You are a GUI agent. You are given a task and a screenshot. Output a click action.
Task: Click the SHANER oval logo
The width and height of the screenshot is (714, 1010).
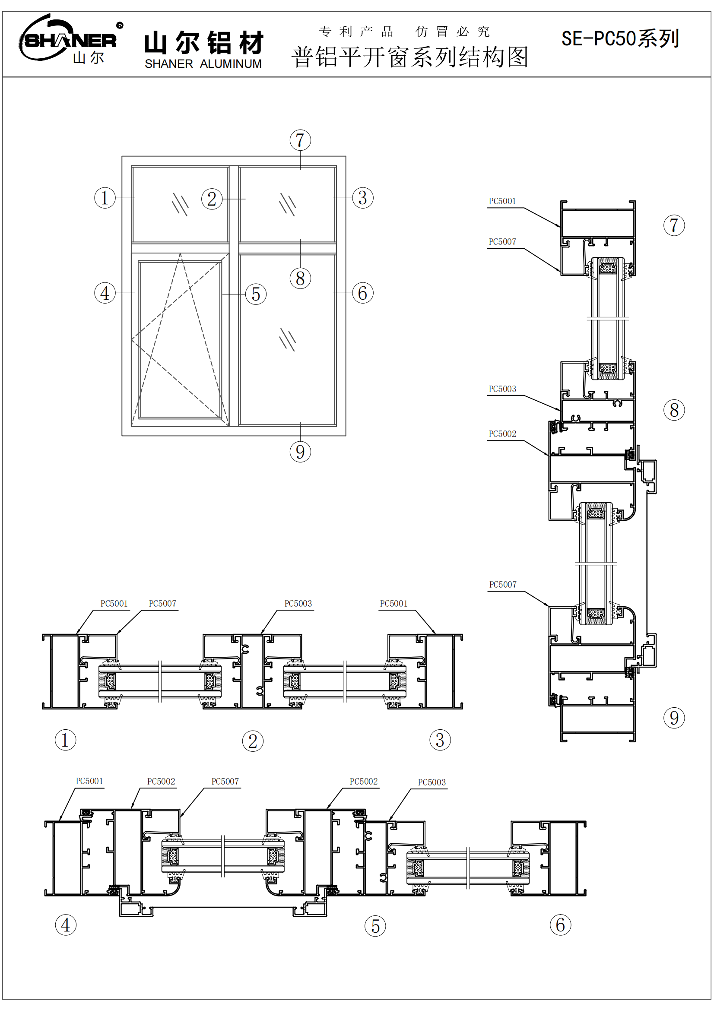tap(68, 40)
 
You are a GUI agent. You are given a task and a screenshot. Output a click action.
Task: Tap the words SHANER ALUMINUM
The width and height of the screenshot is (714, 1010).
tap(203, 64)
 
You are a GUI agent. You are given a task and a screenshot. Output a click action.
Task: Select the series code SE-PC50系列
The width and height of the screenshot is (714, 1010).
tap(620, 39)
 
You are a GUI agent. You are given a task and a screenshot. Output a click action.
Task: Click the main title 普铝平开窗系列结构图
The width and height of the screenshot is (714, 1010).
tap(409, 57)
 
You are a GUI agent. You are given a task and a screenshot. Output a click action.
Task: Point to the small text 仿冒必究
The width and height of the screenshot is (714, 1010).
tap(452, 32)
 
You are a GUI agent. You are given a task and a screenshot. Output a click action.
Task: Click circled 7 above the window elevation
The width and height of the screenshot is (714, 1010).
tap(300, 140)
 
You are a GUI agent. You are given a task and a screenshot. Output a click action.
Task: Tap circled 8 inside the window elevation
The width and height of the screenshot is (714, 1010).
tap(300, 279)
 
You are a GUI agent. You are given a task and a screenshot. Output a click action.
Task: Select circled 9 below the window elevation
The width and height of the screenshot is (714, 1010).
tap(300, 452)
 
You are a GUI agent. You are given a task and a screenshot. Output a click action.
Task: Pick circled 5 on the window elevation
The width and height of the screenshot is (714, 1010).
tap(256, 294)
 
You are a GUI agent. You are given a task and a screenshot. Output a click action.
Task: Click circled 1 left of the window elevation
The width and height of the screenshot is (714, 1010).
tap(105, 198)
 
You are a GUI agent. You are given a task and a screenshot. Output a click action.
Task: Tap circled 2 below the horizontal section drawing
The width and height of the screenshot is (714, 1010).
tap(253, 741)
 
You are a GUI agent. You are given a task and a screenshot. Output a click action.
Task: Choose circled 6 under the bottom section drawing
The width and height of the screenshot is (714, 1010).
tap(560, 925)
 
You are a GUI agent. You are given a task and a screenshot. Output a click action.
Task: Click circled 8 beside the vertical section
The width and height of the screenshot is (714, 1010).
tap(673, 410)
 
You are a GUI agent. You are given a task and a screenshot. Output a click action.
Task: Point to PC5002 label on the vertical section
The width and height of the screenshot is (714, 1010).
tap(502, 434)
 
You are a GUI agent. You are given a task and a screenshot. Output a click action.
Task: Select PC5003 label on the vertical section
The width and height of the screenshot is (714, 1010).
tap(502, 389)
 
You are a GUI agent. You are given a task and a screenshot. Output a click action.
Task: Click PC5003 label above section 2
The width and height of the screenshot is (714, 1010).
tap(298, 604)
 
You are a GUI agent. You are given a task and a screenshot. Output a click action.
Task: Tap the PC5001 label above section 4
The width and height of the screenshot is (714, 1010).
tap(89, 781)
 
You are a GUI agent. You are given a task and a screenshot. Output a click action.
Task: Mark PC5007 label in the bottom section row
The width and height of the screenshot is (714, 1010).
tap(225, 782)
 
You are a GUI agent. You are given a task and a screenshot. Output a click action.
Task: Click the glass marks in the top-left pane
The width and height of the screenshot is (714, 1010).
tap(180, 205)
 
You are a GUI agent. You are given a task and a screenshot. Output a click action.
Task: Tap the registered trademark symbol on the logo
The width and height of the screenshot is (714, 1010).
tap(120, 25)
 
